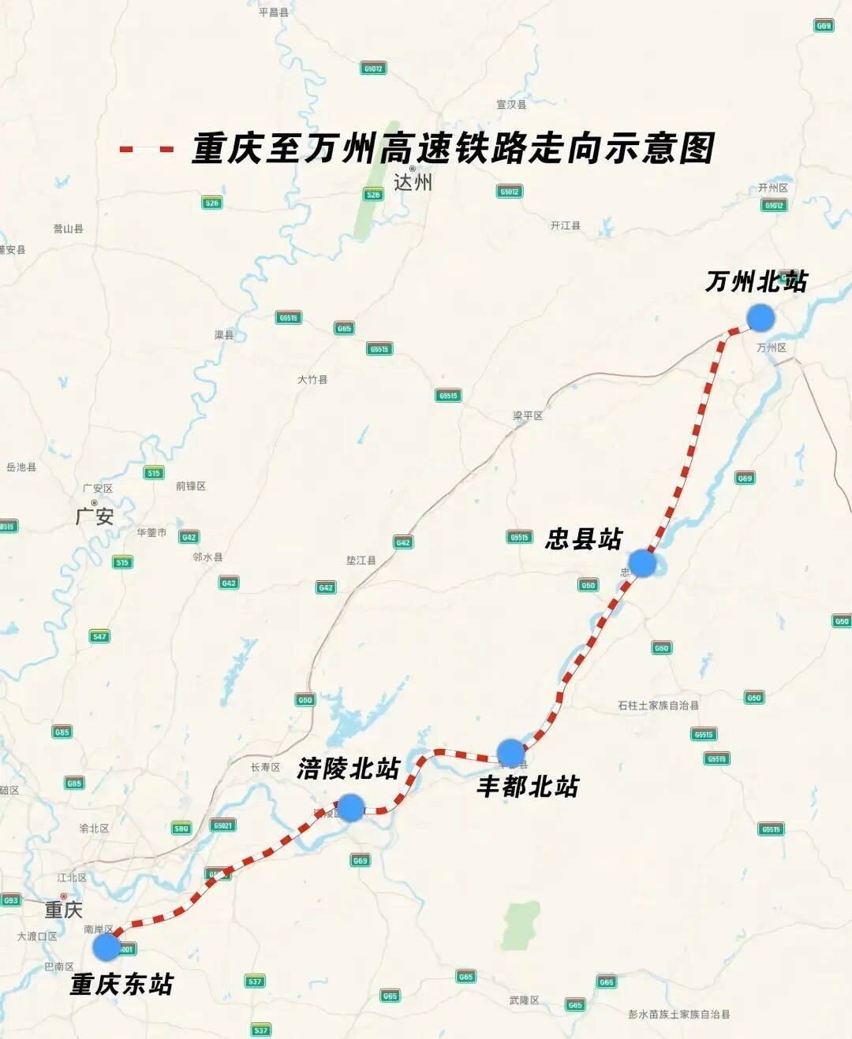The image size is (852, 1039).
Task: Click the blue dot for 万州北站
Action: tap(760, 317)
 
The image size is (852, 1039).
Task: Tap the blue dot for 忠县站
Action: tap(642, 563)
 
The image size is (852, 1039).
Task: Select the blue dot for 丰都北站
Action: tap(511, 753)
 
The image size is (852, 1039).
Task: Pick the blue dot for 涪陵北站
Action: tap(351, 807)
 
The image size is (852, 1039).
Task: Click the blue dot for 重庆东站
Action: tap(106, 947)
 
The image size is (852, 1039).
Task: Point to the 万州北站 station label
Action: tap(756, 281)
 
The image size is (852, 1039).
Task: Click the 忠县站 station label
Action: tap(584, 539)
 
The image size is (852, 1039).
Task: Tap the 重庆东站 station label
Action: tap(121, 984)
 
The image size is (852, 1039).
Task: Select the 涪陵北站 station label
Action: tap(349, 768)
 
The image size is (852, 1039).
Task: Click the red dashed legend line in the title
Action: tap(146, 149)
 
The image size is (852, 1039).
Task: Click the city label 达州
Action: tap(413, 183)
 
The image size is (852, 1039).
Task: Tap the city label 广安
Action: tap(95, 516)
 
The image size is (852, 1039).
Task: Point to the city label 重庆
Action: tap(63, 910)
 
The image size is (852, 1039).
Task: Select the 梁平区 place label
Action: tap(528, 415)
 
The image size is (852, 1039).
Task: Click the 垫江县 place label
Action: tap(361, 560)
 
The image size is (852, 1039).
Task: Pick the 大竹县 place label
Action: tap(312, 379)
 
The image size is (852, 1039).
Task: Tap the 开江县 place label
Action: tap(565, 225)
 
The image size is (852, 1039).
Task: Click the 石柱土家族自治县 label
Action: tap(658, 705)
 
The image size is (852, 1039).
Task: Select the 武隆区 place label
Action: tap(524, 1000)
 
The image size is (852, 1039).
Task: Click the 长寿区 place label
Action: tap(265, 767)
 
